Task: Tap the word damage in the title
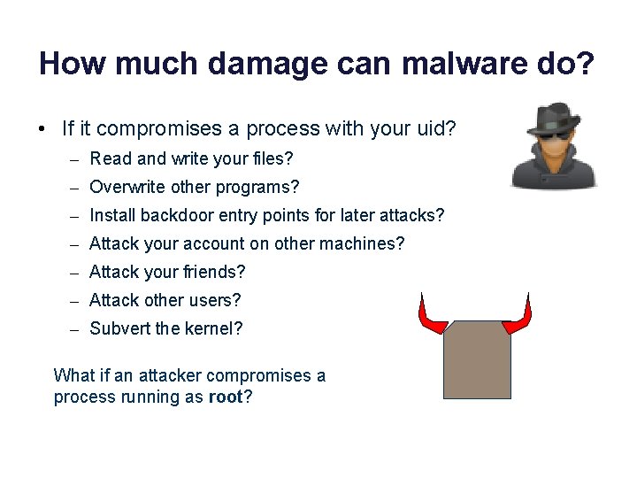(x=215, y=65)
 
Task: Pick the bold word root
(x=225, y=397)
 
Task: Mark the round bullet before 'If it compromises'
(x=42, y=129)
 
